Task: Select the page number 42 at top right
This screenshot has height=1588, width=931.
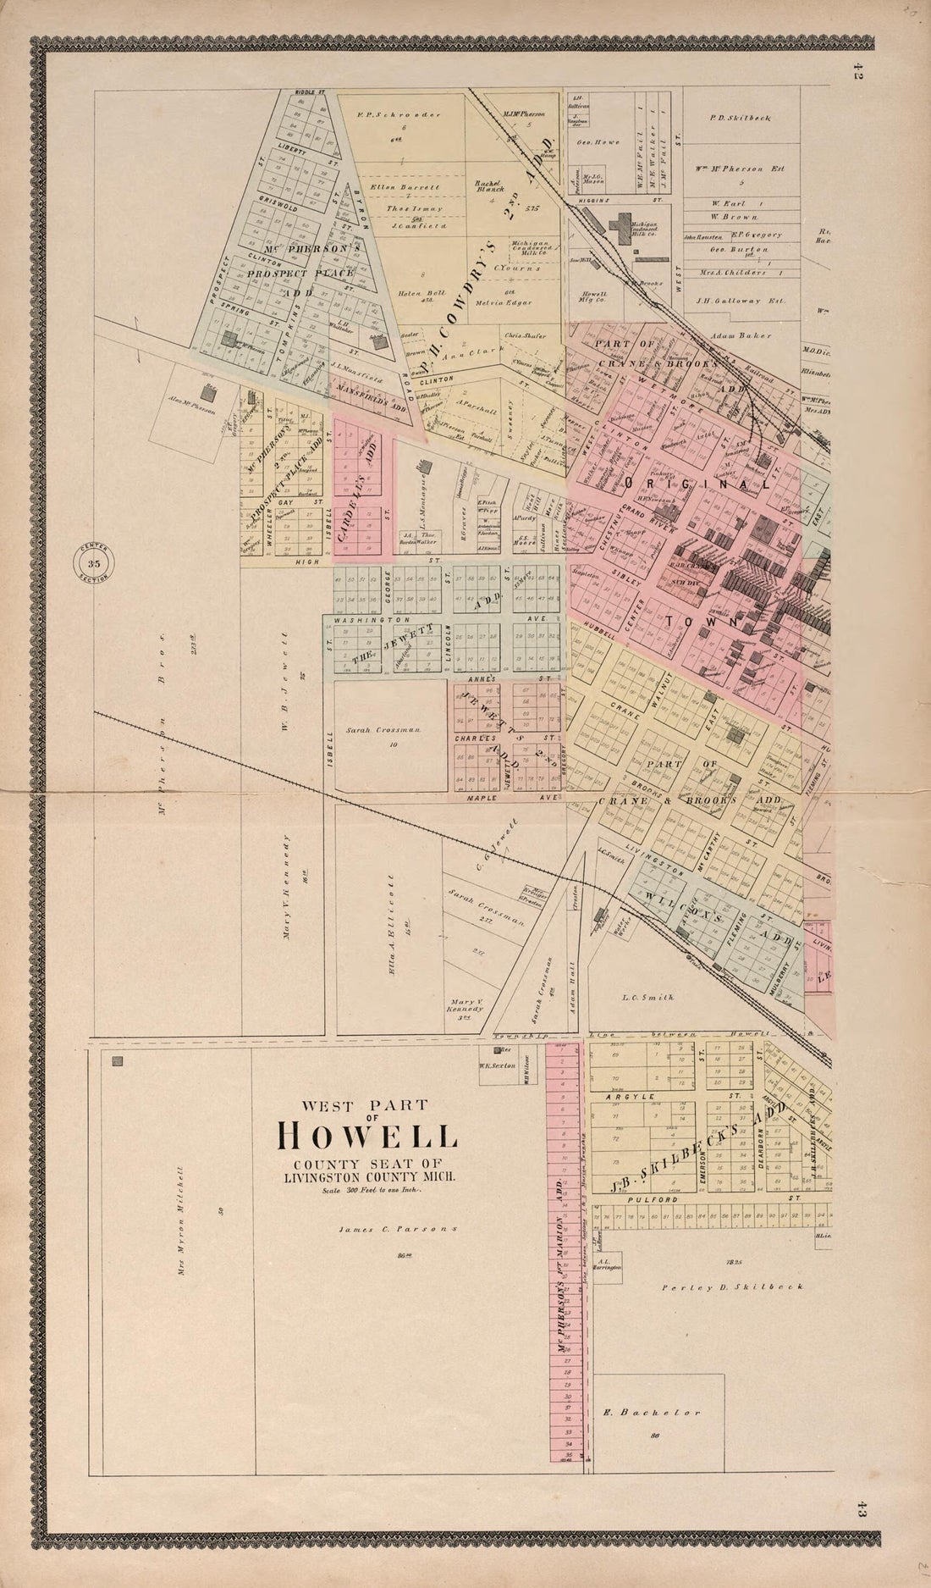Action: click(x=857, y=75)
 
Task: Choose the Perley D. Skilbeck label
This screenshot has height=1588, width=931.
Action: click(x=731, y=1286)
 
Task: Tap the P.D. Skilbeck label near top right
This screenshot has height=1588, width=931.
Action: click(x=739, y=118)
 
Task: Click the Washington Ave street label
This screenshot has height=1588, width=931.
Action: click(x=366, y=620)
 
